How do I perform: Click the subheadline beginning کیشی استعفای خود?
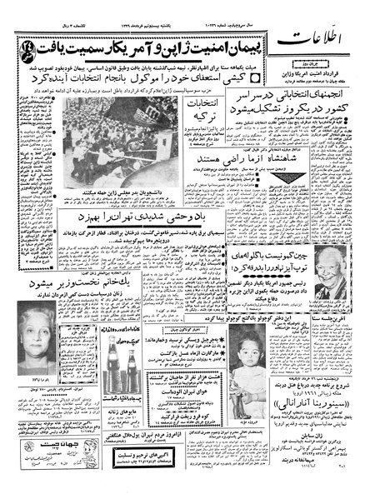click(167, 75)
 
